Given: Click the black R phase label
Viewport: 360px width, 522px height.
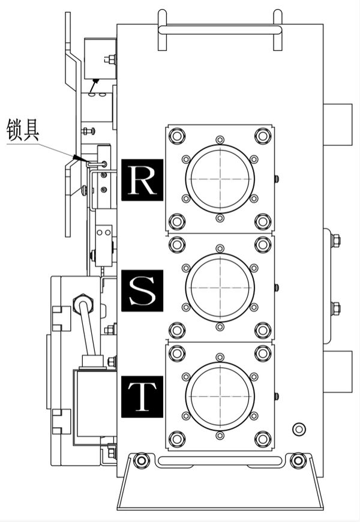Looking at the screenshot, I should [x=142, y=179].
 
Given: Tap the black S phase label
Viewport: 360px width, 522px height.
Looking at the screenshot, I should [x=142, y=290].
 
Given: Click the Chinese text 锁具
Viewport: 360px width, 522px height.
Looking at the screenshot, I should [x=23, y=130].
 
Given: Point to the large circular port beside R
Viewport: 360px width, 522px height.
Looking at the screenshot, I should [x=220, y=179].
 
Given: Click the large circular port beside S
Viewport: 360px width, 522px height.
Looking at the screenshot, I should [x=220, y=287].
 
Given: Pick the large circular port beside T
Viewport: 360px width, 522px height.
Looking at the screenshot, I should [x=220, y=396].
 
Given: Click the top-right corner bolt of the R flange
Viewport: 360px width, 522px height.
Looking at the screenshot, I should [x=263, y=136].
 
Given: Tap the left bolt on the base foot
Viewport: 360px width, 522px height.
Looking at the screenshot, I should [x=141, y=461].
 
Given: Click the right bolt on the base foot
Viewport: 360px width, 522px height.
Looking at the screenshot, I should [x=298, y=461].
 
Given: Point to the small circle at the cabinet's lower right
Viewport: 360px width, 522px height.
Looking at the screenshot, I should [x=298, y=429].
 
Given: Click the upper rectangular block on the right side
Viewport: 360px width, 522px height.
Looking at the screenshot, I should [x=337, y=124].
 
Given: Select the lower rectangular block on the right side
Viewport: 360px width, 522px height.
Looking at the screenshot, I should [x=337, y=371].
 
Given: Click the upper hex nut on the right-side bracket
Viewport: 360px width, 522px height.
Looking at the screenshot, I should [x=335, y=241].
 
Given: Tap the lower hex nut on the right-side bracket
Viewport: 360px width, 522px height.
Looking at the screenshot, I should [x=335, y=309].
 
